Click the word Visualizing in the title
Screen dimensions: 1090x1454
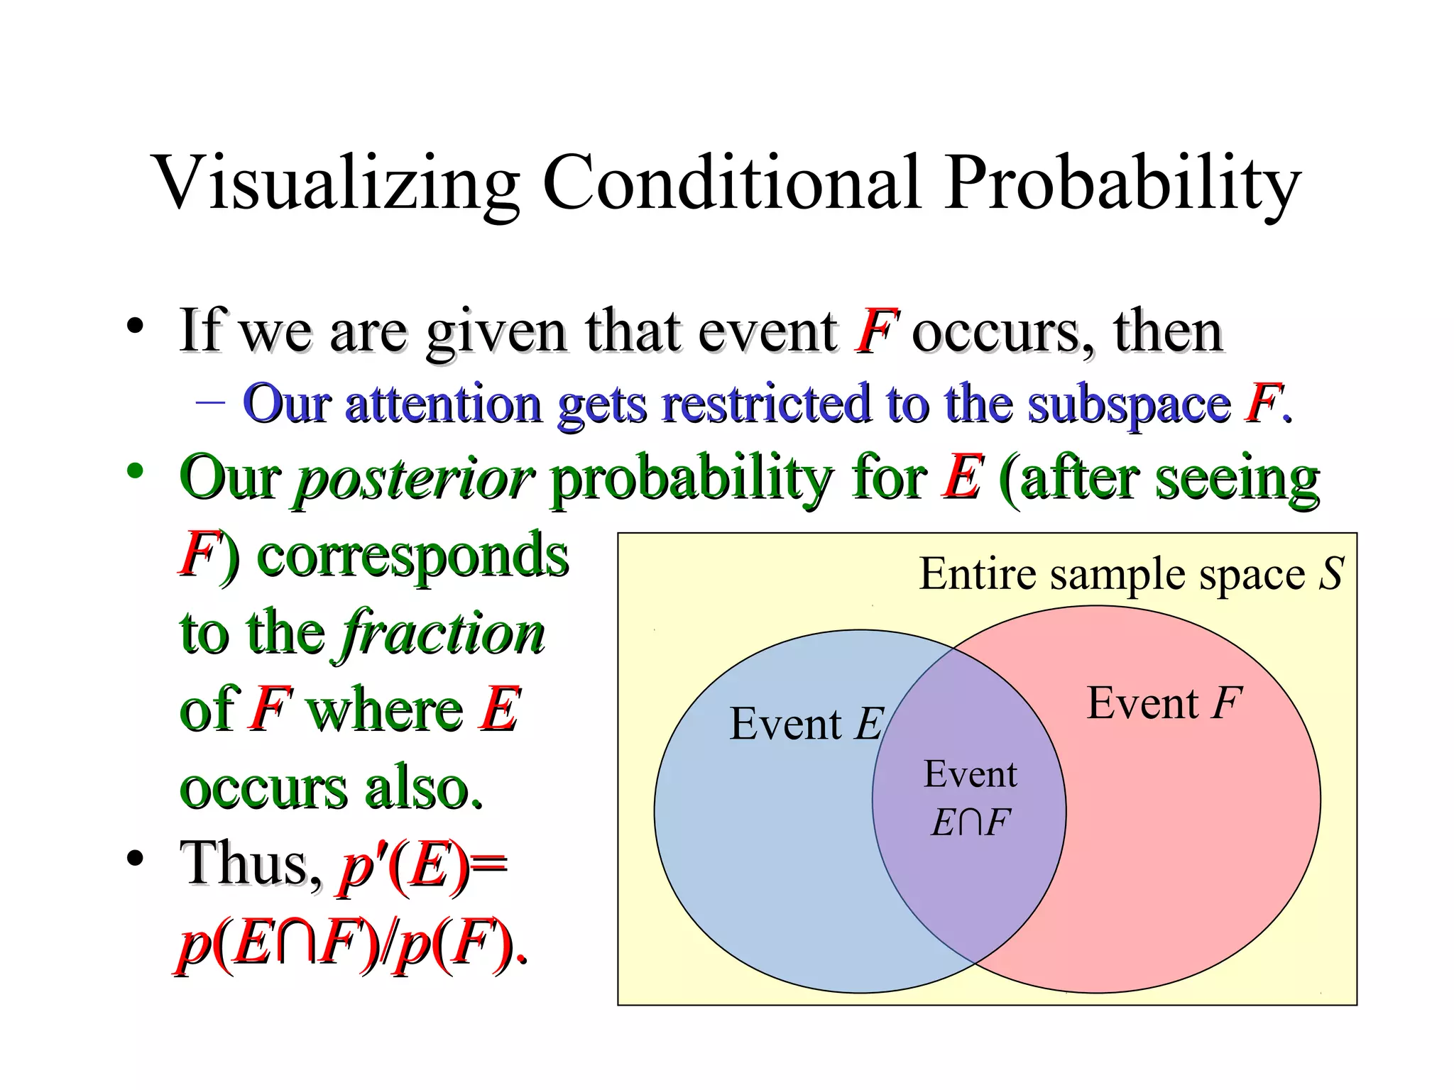[x=337, y=182]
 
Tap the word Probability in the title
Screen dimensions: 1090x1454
[x=1122, y=182]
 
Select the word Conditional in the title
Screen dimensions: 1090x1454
[x=731, y=182]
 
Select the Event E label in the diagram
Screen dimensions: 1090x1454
[x=806, y=725]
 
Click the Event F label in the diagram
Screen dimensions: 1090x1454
[x=1164, y=704]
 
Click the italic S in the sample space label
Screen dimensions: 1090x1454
[x=1331, y=573]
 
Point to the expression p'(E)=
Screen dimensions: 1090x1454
[x=423, y=866]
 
